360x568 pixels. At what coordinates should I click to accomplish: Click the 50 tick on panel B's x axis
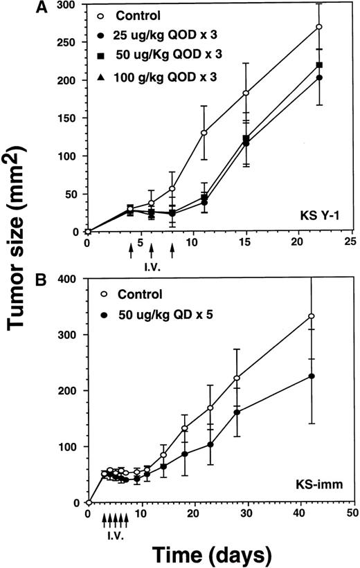352,514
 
